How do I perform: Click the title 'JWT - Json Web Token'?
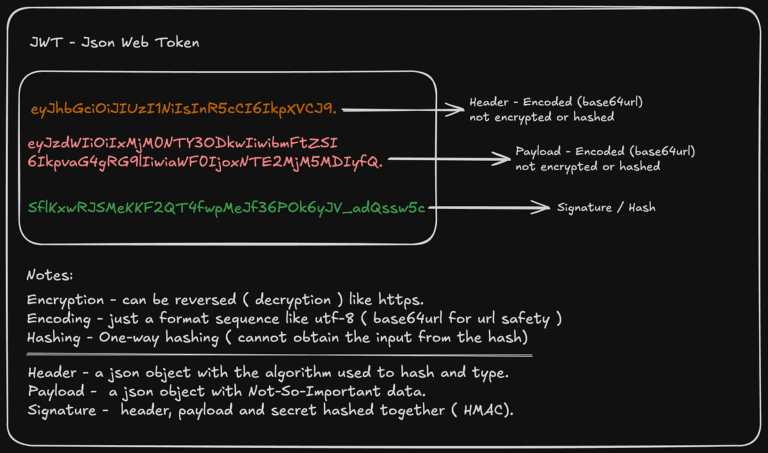pyautogui.click(x=115, y=43)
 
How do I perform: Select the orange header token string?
pyautogui.click(x=184, y=110)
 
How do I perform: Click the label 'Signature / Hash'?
pyautogui.click(x=606, y=208)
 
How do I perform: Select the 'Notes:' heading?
pyautogui.click(x=50, y=276)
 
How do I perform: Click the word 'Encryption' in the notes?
pyautogui.click(x=65, y=300)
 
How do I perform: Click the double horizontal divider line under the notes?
pyautogui.click(x=279, y=355)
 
